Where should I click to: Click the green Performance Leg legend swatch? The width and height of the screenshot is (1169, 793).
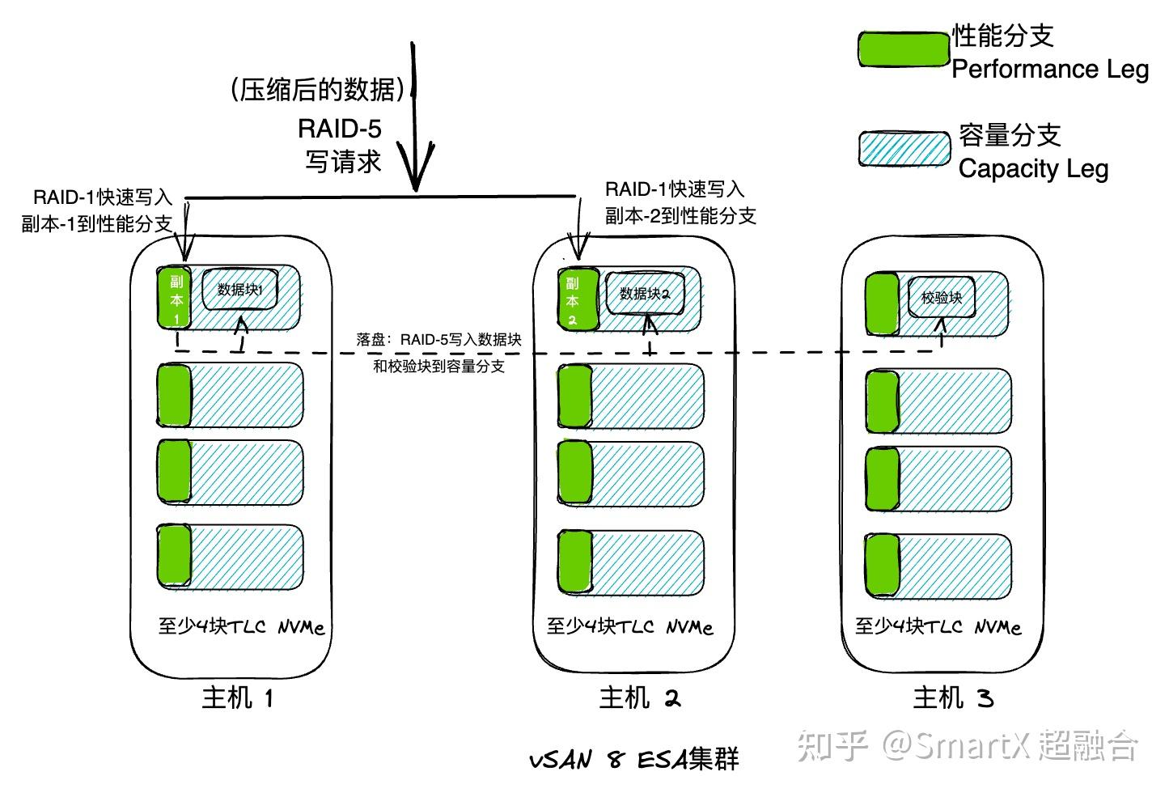point(903,49)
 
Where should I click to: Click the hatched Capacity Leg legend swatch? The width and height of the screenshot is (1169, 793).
point(904,150)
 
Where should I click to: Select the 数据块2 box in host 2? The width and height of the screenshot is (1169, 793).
point(644,293)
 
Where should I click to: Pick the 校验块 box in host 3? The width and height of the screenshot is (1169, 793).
point(942,298)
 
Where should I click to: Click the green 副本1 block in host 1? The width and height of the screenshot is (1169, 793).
point(175,297)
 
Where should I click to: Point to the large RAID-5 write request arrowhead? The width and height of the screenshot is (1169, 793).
point(417,174)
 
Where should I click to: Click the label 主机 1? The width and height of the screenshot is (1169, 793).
point(238,697)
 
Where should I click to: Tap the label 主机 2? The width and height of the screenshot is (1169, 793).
point(640,697)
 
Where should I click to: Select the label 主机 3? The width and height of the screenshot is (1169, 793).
point(953,697)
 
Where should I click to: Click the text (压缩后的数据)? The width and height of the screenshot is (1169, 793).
point(317,89)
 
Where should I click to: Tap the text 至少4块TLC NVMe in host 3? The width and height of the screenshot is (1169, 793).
point(938,626)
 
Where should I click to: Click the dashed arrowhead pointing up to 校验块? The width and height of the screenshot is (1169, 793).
point(941,324)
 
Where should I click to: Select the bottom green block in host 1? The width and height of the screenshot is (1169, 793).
point(174,555)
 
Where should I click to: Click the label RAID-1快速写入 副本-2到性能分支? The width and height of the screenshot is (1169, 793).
point(680,202)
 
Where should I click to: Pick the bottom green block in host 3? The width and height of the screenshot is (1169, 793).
point(883,564)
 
